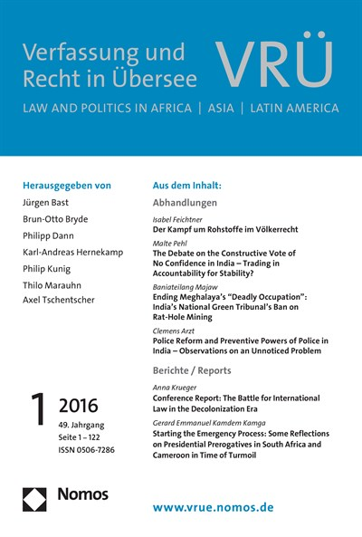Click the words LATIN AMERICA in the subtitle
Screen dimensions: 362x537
click(x=290, y=109)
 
